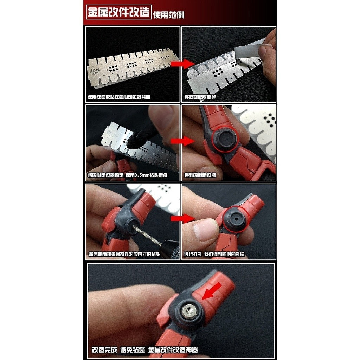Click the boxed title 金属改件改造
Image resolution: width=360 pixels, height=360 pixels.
119,12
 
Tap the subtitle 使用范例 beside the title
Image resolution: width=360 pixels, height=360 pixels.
168,15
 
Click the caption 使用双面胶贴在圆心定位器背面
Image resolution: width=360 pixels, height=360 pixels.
119,97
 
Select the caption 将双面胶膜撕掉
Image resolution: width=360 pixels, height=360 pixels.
200,97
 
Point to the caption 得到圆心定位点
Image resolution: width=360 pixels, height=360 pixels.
200,175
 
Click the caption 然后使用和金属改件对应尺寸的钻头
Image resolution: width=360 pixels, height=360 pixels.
124,254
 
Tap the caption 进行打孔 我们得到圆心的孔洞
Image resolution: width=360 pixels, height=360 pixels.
214,254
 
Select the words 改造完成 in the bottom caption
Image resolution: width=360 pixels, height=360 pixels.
104,350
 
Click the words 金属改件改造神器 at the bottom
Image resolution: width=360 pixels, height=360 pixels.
173,350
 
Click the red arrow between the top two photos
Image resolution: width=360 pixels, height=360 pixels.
182,64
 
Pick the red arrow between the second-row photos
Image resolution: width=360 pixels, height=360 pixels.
182,141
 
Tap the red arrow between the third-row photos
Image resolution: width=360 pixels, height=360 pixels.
182,218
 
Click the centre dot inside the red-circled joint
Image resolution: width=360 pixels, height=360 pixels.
226,139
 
